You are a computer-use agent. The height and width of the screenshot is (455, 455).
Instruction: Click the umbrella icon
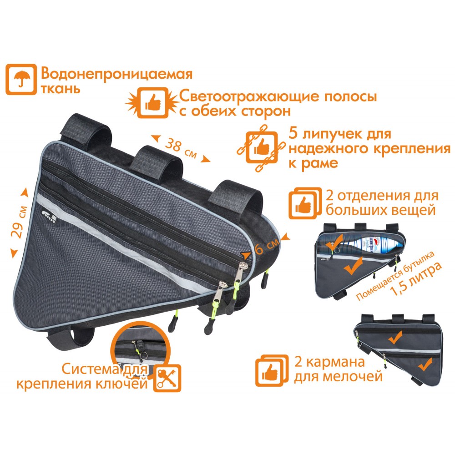(21, 79)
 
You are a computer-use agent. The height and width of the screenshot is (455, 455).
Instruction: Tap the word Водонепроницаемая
(116, 74)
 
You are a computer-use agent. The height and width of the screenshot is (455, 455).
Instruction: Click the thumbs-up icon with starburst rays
(152, 103)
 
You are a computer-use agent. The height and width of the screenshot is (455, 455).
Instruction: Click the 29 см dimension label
(19, 222)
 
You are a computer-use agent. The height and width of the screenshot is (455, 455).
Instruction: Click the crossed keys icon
(167, 378)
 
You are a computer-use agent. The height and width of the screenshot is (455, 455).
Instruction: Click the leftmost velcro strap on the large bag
(85, 128)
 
